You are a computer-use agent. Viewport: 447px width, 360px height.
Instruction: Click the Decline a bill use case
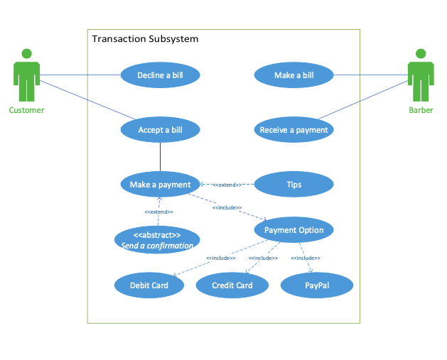[160, 75]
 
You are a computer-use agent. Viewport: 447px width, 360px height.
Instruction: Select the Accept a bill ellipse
[160, 130]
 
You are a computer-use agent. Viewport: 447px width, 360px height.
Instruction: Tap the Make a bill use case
[293, 75]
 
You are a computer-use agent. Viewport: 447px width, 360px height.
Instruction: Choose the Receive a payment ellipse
[293, 130]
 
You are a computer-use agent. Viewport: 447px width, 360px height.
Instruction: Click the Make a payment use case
[160, 185]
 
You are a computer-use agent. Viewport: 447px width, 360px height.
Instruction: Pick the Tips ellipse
[293, 185]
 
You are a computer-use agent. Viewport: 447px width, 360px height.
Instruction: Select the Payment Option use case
[293, 230]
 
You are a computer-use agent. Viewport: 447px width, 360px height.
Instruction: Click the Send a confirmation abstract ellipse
[157, 240]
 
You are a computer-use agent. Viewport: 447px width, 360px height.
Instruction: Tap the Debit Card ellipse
[149, 285]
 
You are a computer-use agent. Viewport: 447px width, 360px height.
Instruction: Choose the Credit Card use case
[232, 285]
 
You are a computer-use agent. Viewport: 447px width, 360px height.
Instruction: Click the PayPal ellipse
[317, 285]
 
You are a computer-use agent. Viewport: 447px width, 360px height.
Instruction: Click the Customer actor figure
[26, 75]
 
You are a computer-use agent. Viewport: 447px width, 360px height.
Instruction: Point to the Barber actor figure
[421, 75]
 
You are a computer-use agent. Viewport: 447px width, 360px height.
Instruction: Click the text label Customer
[26, 110]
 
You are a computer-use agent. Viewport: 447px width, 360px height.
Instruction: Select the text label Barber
[421, 110]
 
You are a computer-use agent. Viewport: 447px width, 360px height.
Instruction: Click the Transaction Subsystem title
[145, 38]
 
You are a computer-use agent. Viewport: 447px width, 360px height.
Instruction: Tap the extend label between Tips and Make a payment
[227, 185]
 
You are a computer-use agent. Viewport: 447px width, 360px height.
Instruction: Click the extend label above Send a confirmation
[158, 212]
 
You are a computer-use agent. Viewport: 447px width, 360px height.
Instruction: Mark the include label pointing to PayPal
[306, 258]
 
